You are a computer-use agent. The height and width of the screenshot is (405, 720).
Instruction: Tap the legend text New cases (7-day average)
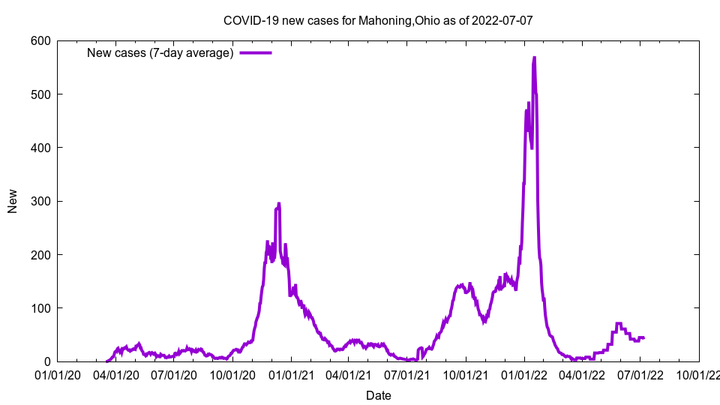click(160, 52)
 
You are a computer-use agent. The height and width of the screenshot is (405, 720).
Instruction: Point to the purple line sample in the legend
click(255, 52)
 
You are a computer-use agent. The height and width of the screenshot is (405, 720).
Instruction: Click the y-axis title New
click(13, 201)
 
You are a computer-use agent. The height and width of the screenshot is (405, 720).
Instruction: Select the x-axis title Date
click(378, 395)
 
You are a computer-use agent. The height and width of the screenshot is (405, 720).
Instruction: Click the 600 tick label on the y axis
click(40, 40)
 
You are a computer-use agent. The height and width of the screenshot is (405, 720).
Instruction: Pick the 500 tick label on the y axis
click(40, 94)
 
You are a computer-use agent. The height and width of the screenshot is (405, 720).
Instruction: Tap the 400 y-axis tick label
click(40, 148)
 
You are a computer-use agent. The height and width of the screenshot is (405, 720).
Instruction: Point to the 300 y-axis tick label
click(40, 202)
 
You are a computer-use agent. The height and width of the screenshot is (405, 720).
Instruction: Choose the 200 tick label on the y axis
click(40, 255)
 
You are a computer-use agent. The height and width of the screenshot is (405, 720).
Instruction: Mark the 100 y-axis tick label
click(40, 308)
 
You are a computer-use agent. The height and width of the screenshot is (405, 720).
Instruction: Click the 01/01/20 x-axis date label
click(58, 374)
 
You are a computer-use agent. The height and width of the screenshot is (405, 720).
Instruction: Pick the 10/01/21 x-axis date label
click(466, 374)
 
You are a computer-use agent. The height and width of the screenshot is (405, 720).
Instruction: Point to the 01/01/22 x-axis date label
click(524, 374)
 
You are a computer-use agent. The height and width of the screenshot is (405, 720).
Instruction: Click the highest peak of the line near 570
click(534, 58)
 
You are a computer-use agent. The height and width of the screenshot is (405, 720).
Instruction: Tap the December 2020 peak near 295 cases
click(279, 203)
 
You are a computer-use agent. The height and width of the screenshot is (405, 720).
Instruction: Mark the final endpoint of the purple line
click(643, 338)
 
